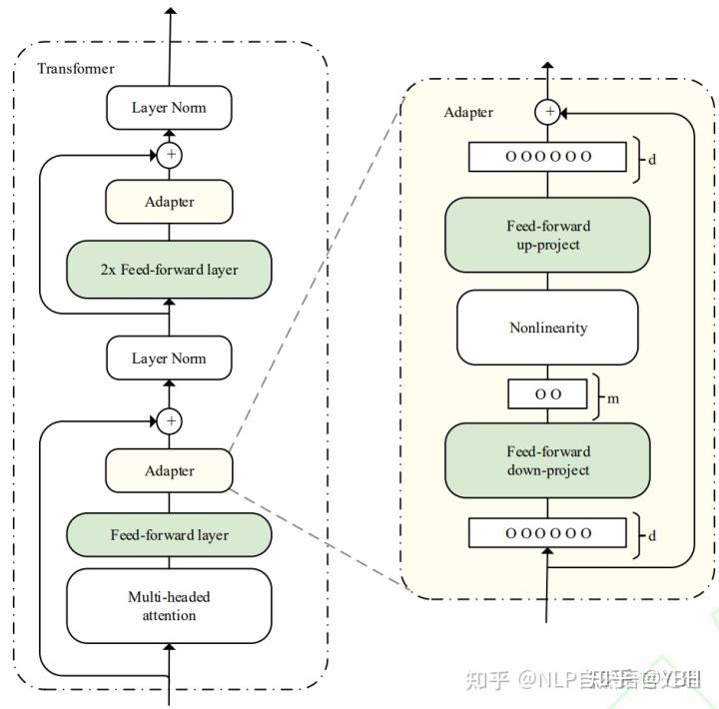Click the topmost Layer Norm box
(169, 107)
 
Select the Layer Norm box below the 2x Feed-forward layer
(169, 358)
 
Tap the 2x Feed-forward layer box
(169, 269)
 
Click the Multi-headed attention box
(169, 606)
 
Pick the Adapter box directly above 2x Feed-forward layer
(169, 202)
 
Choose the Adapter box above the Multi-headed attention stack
(169, 470)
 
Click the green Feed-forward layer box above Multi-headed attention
(169, 534)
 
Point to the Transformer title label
(76, 69)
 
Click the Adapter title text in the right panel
(468, 112)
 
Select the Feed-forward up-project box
(547, 235)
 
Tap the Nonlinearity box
(547, 328)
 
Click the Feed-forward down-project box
(547, 460)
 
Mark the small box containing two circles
(547, 394)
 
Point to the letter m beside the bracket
(614, 398)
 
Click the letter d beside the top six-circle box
(652, 159)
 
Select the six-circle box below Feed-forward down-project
(547, 533)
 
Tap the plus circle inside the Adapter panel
(547, 112)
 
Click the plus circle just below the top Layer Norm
(171, 155)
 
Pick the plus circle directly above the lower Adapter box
(171, 421)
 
